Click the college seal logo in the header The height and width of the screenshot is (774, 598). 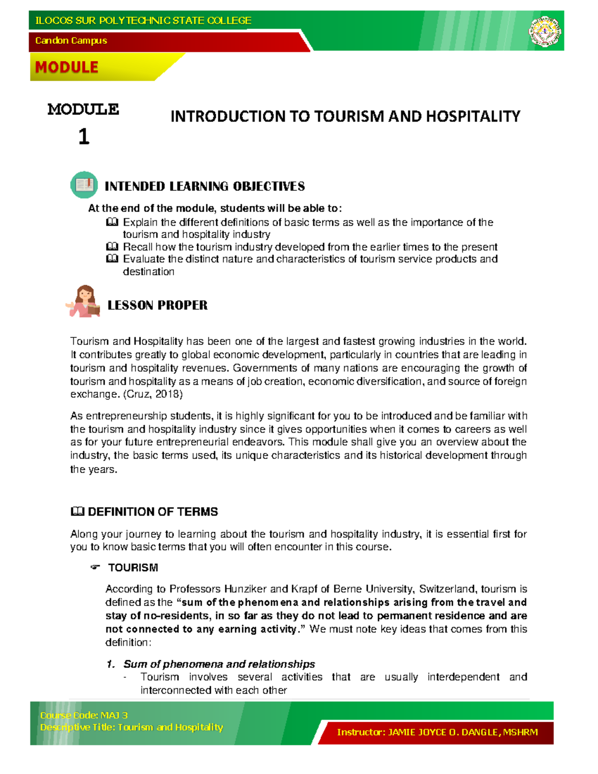click(x=544, y=31)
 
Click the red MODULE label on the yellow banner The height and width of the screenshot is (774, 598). click(x=67, y=67)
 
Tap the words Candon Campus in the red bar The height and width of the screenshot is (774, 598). click(x=71, y=40)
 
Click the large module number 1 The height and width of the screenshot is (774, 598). click(x=84, y=137)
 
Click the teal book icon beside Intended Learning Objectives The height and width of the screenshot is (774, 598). click(x=84, y=185)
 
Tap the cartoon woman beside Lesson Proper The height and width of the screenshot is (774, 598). click(x=84, y=302)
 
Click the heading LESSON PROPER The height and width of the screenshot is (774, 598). click(x=157, y=305)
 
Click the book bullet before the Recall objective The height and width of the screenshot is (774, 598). click(x=112, y=247)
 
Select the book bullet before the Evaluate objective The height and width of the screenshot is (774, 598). click(x=112, y=259)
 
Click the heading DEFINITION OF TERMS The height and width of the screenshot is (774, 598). click(x=152, y=512)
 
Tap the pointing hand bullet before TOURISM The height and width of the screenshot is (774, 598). click(x=95, y=568)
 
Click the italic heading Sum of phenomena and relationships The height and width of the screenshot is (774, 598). click(x=219, y=664)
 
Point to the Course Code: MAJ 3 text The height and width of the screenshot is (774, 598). click(x=84, y=715)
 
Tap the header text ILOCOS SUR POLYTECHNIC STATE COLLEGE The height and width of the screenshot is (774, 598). click(x=143, y=20)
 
